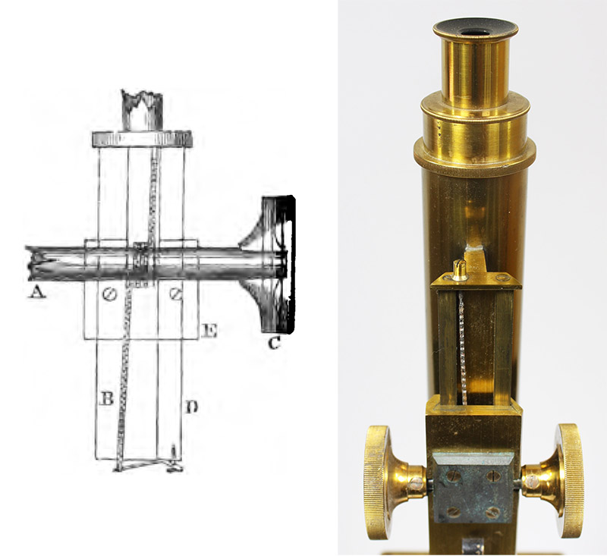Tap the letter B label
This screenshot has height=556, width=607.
point(107,398)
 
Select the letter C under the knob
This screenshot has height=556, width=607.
point(274,342)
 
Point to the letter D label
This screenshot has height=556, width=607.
point(192,407)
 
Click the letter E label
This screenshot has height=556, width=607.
point(209,331)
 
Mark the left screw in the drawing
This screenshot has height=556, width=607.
point(109,295)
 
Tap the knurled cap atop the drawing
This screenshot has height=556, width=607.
point(142,140)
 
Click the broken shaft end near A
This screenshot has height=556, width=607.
point(32,263)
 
